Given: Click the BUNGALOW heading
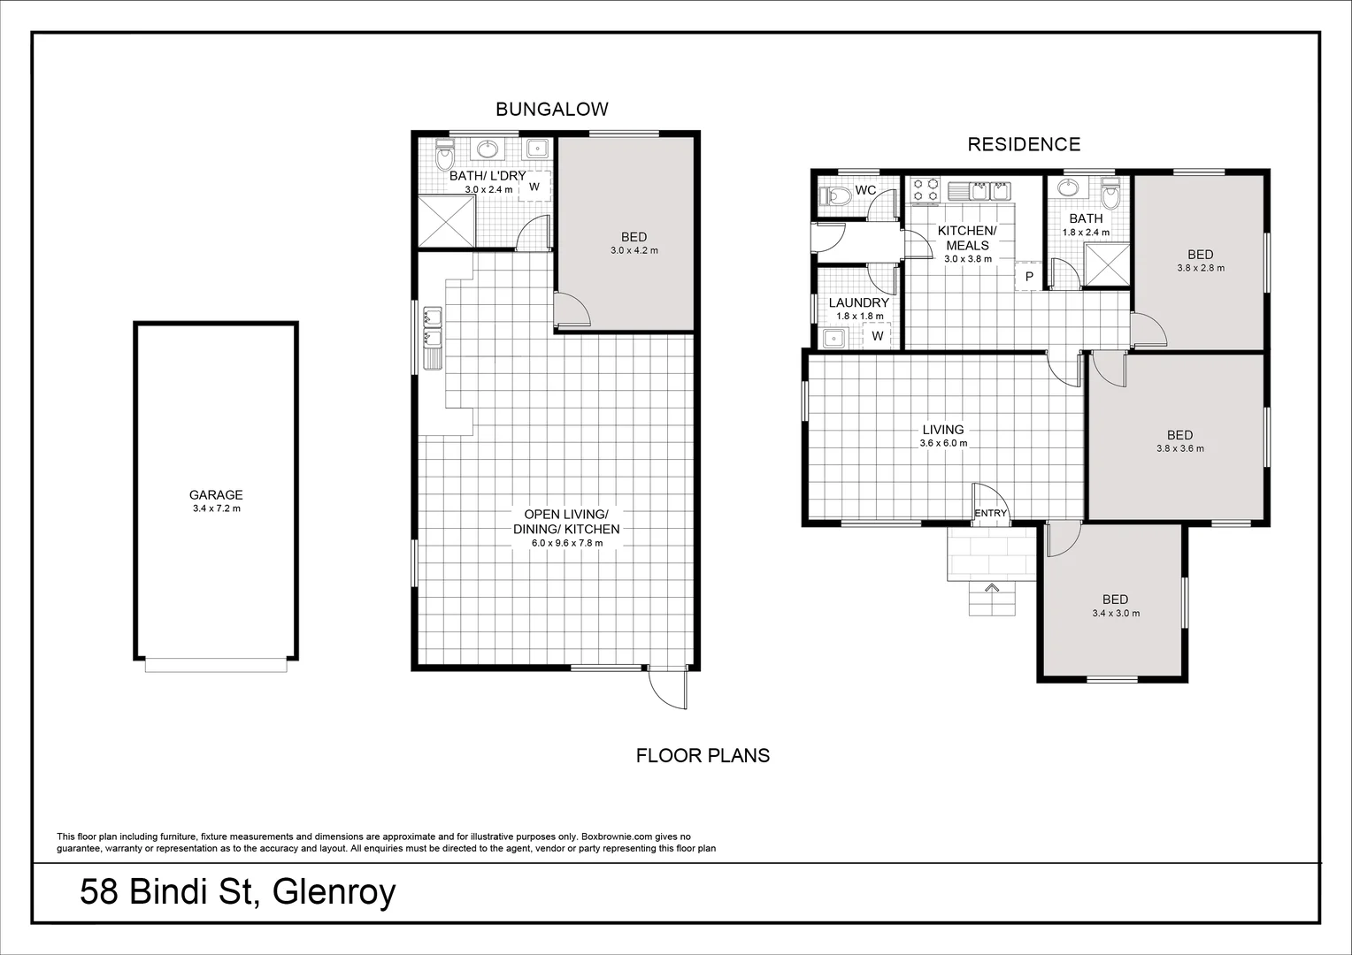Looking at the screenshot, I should (551, 110).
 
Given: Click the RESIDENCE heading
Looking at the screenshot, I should (1024, 144).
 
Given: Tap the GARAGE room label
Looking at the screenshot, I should (215, 495).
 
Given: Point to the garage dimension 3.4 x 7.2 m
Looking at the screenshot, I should (215, 509).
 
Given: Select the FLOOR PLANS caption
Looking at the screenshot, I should (703, 756).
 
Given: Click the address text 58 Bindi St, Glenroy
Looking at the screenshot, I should (237, 893).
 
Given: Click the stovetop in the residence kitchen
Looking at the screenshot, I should (926, 190).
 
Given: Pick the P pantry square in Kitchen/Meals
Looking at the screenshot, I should (1028, 276).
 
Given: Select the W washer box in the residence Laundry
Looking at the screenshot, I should (878, 336).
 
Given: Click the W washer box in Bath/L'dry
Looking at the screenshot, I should (534, 187).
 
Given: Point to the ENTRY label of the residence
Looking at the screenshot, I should (990, 513).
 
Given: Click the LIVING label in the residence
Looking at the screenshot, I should (942, 430).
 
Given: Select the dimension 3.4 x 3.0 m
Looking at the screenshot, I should (1115, 613).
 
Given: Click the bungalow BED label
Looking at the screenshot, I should (634, 237).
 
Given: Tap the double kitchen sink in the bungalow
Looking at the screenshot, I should (433, 326).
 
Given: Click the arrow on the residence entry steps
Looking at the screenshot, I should (991, 588).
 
